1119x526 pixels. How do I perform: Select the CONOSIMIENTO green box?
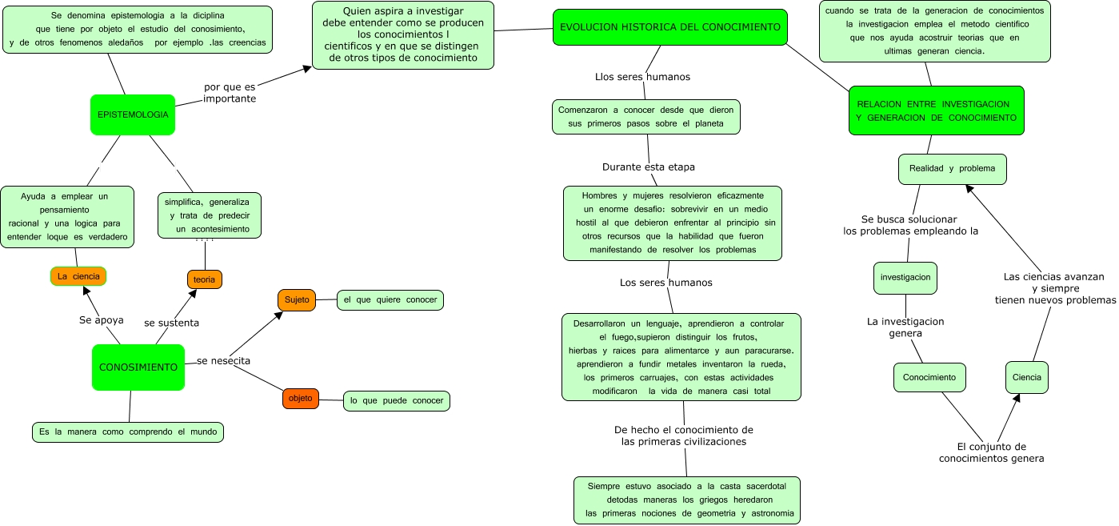[x=138, y=367]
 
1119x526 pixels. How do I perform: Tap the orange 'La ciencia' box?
[x=78, y=276]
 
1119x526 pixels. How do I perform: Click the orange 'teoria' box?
[x=204, y=279]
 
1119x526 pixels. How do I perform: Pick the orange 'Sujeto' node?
[x=296, y=300]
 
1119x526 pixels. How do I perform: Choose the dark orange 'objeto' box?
[x=301, y=398]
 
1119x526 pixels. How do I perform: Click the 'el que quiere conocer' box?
[x=390, y=300]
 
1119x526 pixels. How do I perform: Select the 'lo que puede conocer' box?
[x=397, y=400]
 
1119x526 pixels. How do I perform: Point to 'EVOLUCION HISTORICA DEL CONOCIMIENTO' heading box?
[x=670, y=27]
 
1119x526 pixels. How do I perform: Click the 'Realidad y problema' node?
[x=952, y=169]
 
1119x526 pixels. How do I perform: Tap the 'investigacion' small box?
[x=905, y=278]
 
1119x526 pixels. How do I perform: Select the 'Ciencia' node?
[x=1026, y=377]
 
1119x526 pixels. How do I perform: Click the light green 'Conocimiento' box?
[x=929, y=377]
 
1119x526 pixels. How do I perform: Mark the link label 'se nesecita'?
[x=224, y=361]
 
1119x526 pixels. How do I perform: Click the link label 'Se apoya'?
[x=102, y=320]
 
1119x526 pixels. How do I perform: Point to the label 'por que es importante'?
[x=230, y=93]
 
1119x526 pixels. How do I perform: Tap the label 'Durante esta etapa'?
[x=648, y=167]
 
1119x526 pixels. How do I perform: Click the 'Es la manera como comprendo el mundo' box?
[x=128, y=432]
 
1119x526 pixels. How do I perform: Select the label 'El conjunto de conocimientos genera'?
[x=992, y=453]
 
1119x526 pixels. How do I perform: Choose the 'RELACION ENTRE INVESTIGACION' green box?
[x=936, y=111]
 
